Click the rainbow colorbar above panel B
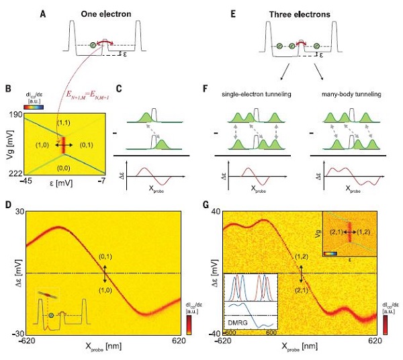(32, 105)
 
